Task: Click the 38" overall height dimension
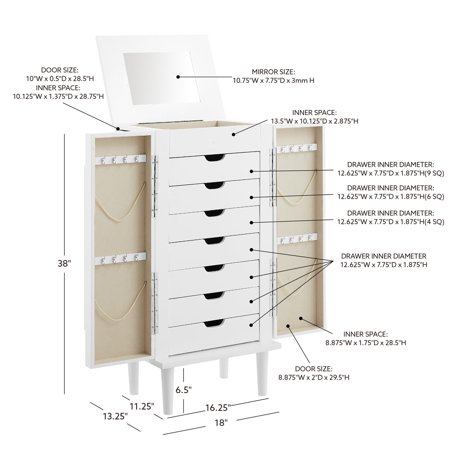(x=64, y=264)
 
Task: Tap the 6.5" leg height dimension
(x=183, y=390)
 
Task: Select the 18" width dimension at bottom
(x=221, y=422)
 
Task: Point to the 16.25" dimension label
(x=218, y=407)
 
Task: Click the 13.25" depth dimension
(x=115, y=416)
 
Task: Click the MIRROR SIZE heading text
(x=274, y=72)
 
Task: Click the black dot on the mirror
(x=178, y=77)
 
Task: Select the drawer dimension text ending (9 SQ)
(x=391, y=173)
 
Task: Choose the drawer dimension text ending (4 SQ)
(x=391, y=222)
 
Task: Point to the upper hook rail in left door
(x=120, y=160)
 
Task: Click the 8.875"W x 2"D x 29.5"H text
(x=314, y=377)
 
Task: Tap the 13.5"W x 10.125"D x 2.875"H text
(x=314, y=121)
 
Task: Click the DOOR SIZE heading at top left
(x=57, y=70)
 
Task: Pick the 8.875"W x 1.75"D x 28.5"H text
(x=365, y=343)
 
